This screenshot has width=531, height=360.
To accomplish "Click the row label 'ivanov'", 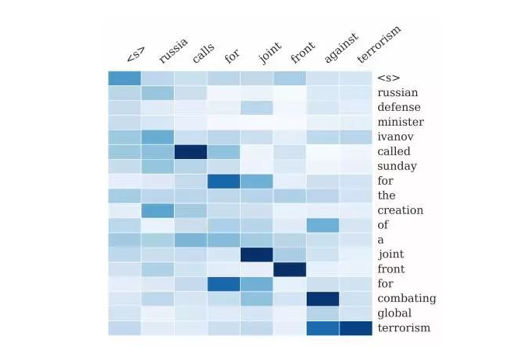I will [393, 137].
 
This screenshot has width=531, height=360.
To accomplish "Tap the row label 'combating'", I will [406, 299].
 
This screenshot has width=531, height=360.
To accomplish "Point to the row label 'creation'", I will [400, 210].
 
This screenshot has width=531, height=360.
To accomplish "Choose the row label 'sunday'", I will [397, 166].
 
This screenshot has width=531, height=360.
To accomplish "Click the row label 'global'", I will [394, 313].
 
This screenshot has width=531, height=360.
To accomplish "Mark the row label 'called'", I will [394, 151].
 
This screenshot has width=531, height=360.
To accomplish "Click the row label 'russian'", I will [397, 92].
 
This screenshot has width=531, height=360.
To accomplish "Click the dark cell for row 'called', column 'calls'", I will [190, 151].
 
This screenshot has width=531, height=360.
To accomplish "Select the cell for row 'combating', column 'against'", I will [322, 299].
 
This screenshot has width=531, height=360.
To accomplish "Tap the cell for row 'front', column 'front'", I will [290, 269].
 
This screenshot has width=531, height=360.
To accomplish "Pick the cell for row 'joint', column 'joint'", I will [256, 254].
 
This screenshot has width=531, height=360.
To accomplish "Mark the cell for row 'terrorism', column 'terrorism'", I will [356, 328].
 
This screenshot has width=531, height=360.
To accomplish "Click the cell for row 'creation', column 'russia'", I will [157, 210].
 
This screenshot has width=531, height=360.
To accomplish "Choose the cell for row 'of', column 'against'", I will [322, 225].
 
